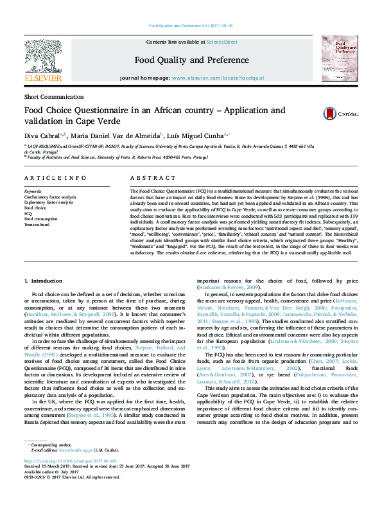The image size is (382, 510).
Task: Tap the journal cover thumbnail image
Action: (x=339, y=58)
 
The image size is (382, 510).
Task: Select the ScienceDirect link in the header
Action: (x=221, y=42)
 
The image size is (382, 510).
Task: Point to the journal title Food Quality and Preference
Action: (x=191, y=59)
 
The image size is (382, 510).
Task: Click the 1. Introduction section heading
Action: (x=42, y=281)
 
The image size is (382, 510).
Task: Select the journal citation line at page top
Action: (x=191, y=26)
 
